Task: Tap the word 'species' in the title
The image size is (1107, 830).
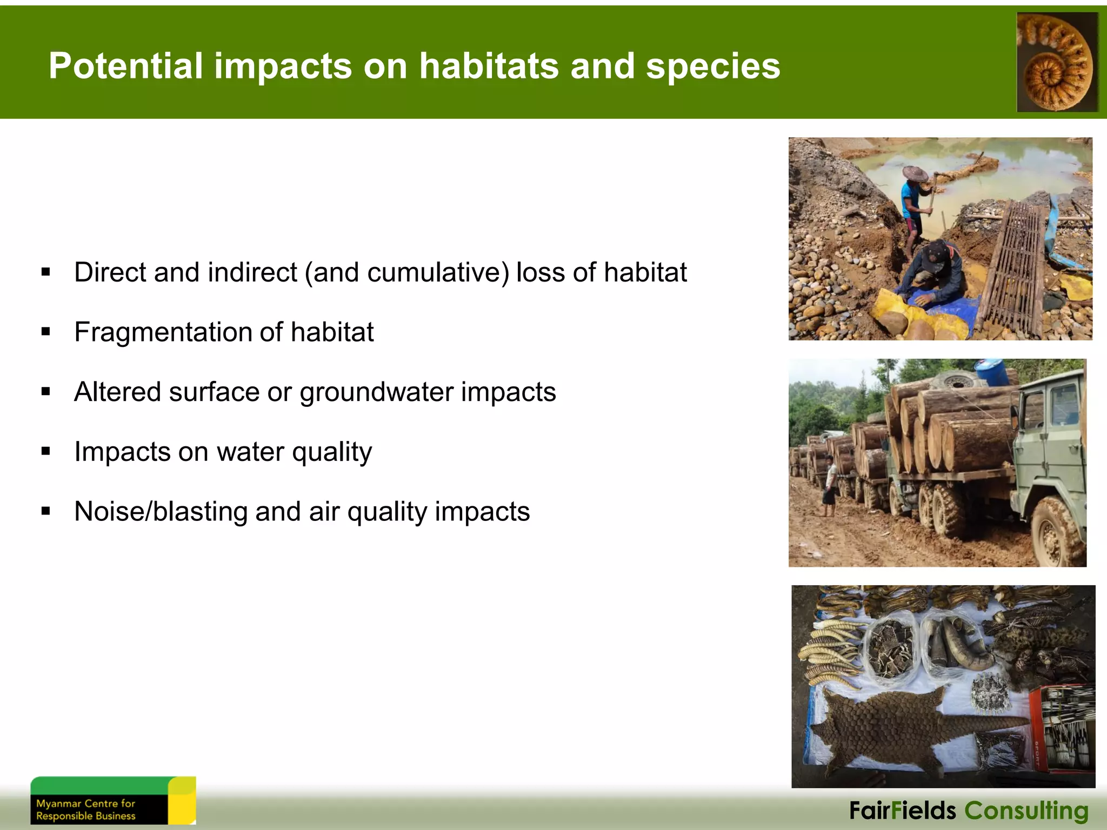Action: (713, 66)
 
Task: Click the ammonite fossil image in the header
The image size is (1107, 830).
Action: (1057, 62)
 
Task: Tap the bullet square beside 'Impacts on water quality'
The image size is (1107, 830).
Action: (46, 451)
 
